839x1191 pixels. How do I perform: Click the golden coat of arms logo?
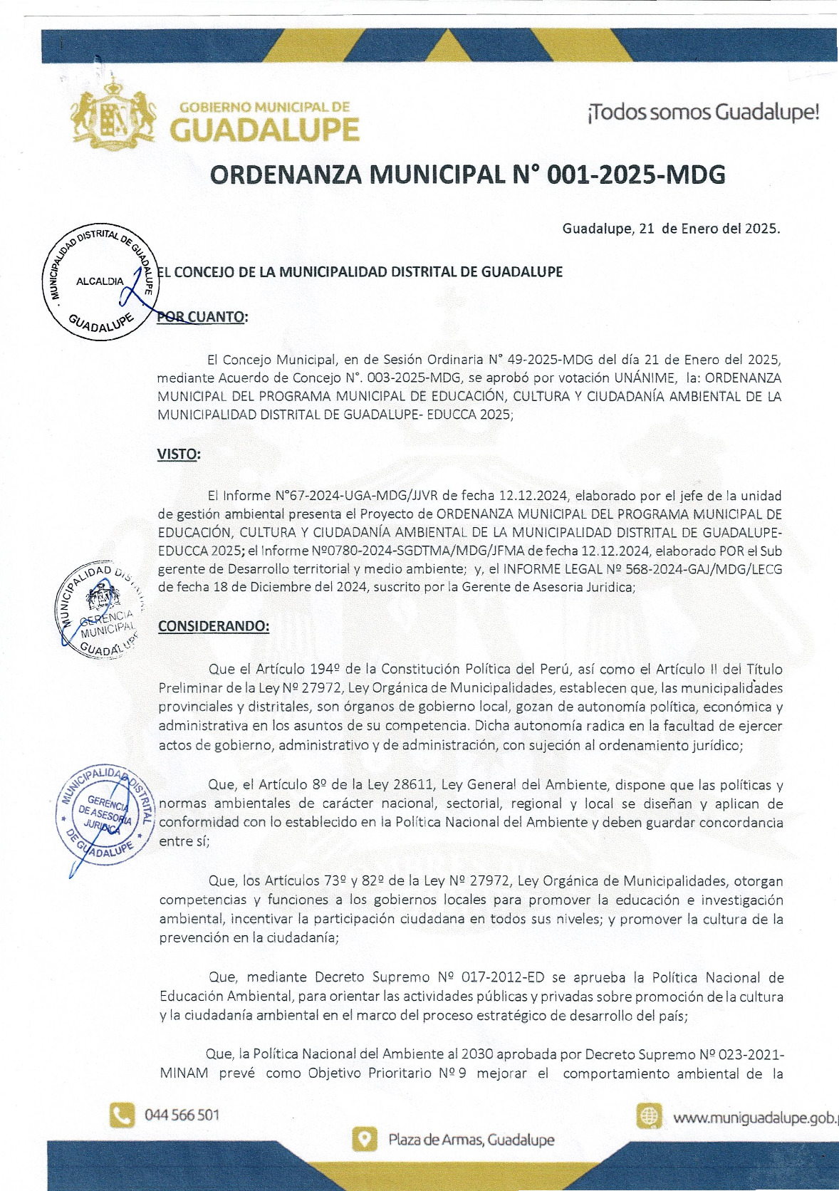pyautogui.click(x=113, y=115)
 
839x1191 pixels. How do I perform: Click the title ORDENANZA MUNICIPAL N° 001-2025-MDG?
pyautogui.click(x=467, y=175)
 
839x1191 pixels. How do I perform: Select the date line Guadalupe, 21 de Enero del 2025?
pyautogui.click(x=671, y=229)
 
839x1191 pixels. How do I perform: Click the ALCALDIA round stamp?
pyautogui.click(x=100, y=283)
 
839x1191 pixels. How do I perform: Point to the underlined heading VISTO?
pyautogui.click(x=178, y=454)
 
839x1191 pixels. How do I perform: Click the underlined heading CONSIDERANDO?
pyautogui.click(x=214, y=626)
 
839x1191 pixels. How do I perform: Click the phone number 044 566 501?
pyautogui.click(x=182, y=1115)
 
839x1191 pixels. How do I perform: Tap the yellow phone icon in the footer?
pyautogui.click(x=122, y=1115)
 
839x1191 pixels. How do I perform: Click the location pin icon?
pyautogui.click(x=365, y=1140)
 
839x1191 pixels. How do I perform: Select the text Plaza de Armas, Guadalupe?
pyautogui.click(x=471, y=1140)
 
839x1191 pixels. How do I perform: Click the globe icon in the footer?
pyautogui.click(x=649, y=1116)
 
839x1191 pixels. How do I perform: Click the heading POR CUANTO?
pyautogui.click(x=202, y=317)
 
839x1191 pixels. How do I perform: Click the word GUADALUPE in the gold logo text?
pyautogui.click(x=264, y=130)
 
